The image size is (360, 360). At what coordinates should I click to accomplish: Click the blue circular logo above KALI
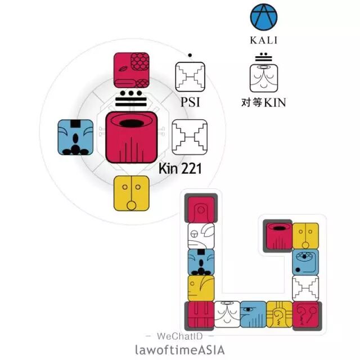coord(264,19)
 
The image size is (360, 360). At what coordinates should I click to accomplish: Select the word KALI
coord(264,40)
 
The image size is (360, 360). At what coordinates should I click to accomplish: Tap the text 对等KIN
coord(264,102)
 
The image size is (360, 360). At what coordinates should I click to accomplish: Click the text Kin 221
coord(180,168)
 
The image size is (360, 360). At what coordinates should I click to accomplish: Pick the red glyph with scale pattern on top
coord(132,70)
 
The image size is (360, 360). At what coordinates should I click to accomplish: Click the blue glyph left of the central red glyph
coord(75,137)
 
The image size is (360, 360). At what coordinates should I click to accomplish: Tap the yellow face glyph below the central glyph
coord(132,193)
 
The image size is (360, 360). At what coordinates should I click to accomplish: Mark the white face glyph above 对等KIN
coord(264,78)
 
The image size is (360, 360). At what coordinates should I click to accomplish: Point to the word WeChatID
coord(180,336)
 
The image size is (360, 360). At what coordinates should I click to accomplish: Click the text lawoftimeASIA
coord(180,349)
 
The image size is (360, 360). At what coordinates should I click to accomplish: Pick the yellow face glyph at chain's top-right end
coord(305,236)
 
